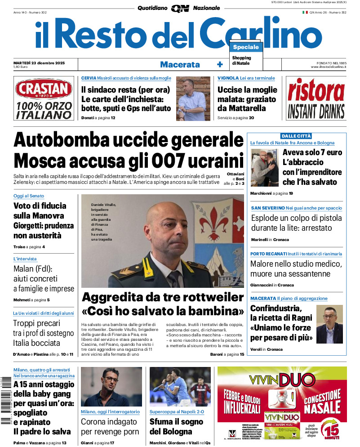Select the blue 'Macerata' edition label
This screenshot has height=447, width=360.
[180, 64]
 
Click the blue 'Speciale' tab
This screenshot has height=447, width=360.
[246, 47]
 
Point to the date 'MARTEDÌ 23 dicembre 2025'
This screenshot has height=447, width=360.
[39, 63]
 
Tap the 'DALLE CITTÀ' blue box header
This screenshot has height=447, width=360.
[296, 136]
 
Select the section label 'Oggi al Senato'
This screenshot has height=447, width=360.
[29, 196]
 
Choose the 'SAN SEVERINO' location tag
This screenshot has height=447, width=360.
[267, 208]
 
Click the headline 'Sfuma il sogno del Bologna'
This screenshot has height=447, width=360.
[176, 427]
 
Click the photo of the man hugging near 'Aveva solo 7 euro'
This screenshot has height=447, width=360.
[264, 168]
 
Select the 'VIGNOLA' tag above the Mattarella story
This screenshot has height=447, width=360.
[228, 78]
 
